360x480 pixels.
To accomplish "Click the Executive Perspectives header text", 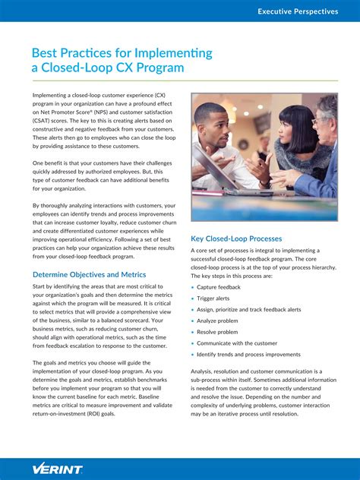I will click(x=298, y=11).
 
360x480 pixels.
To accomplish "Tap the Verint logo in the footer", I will click(x=57, y=468).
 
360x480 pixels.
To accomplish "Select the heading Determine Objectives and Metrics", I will click(x=89, y=274).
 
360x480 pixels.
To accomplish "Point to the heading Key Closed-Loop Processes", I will click(x=236, y=238).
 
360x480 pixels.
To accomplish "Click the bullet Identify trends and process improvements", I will click(x=248, y=354).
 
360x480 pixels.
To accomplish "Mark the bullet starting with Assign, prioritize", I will click(x=248, y=309).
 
